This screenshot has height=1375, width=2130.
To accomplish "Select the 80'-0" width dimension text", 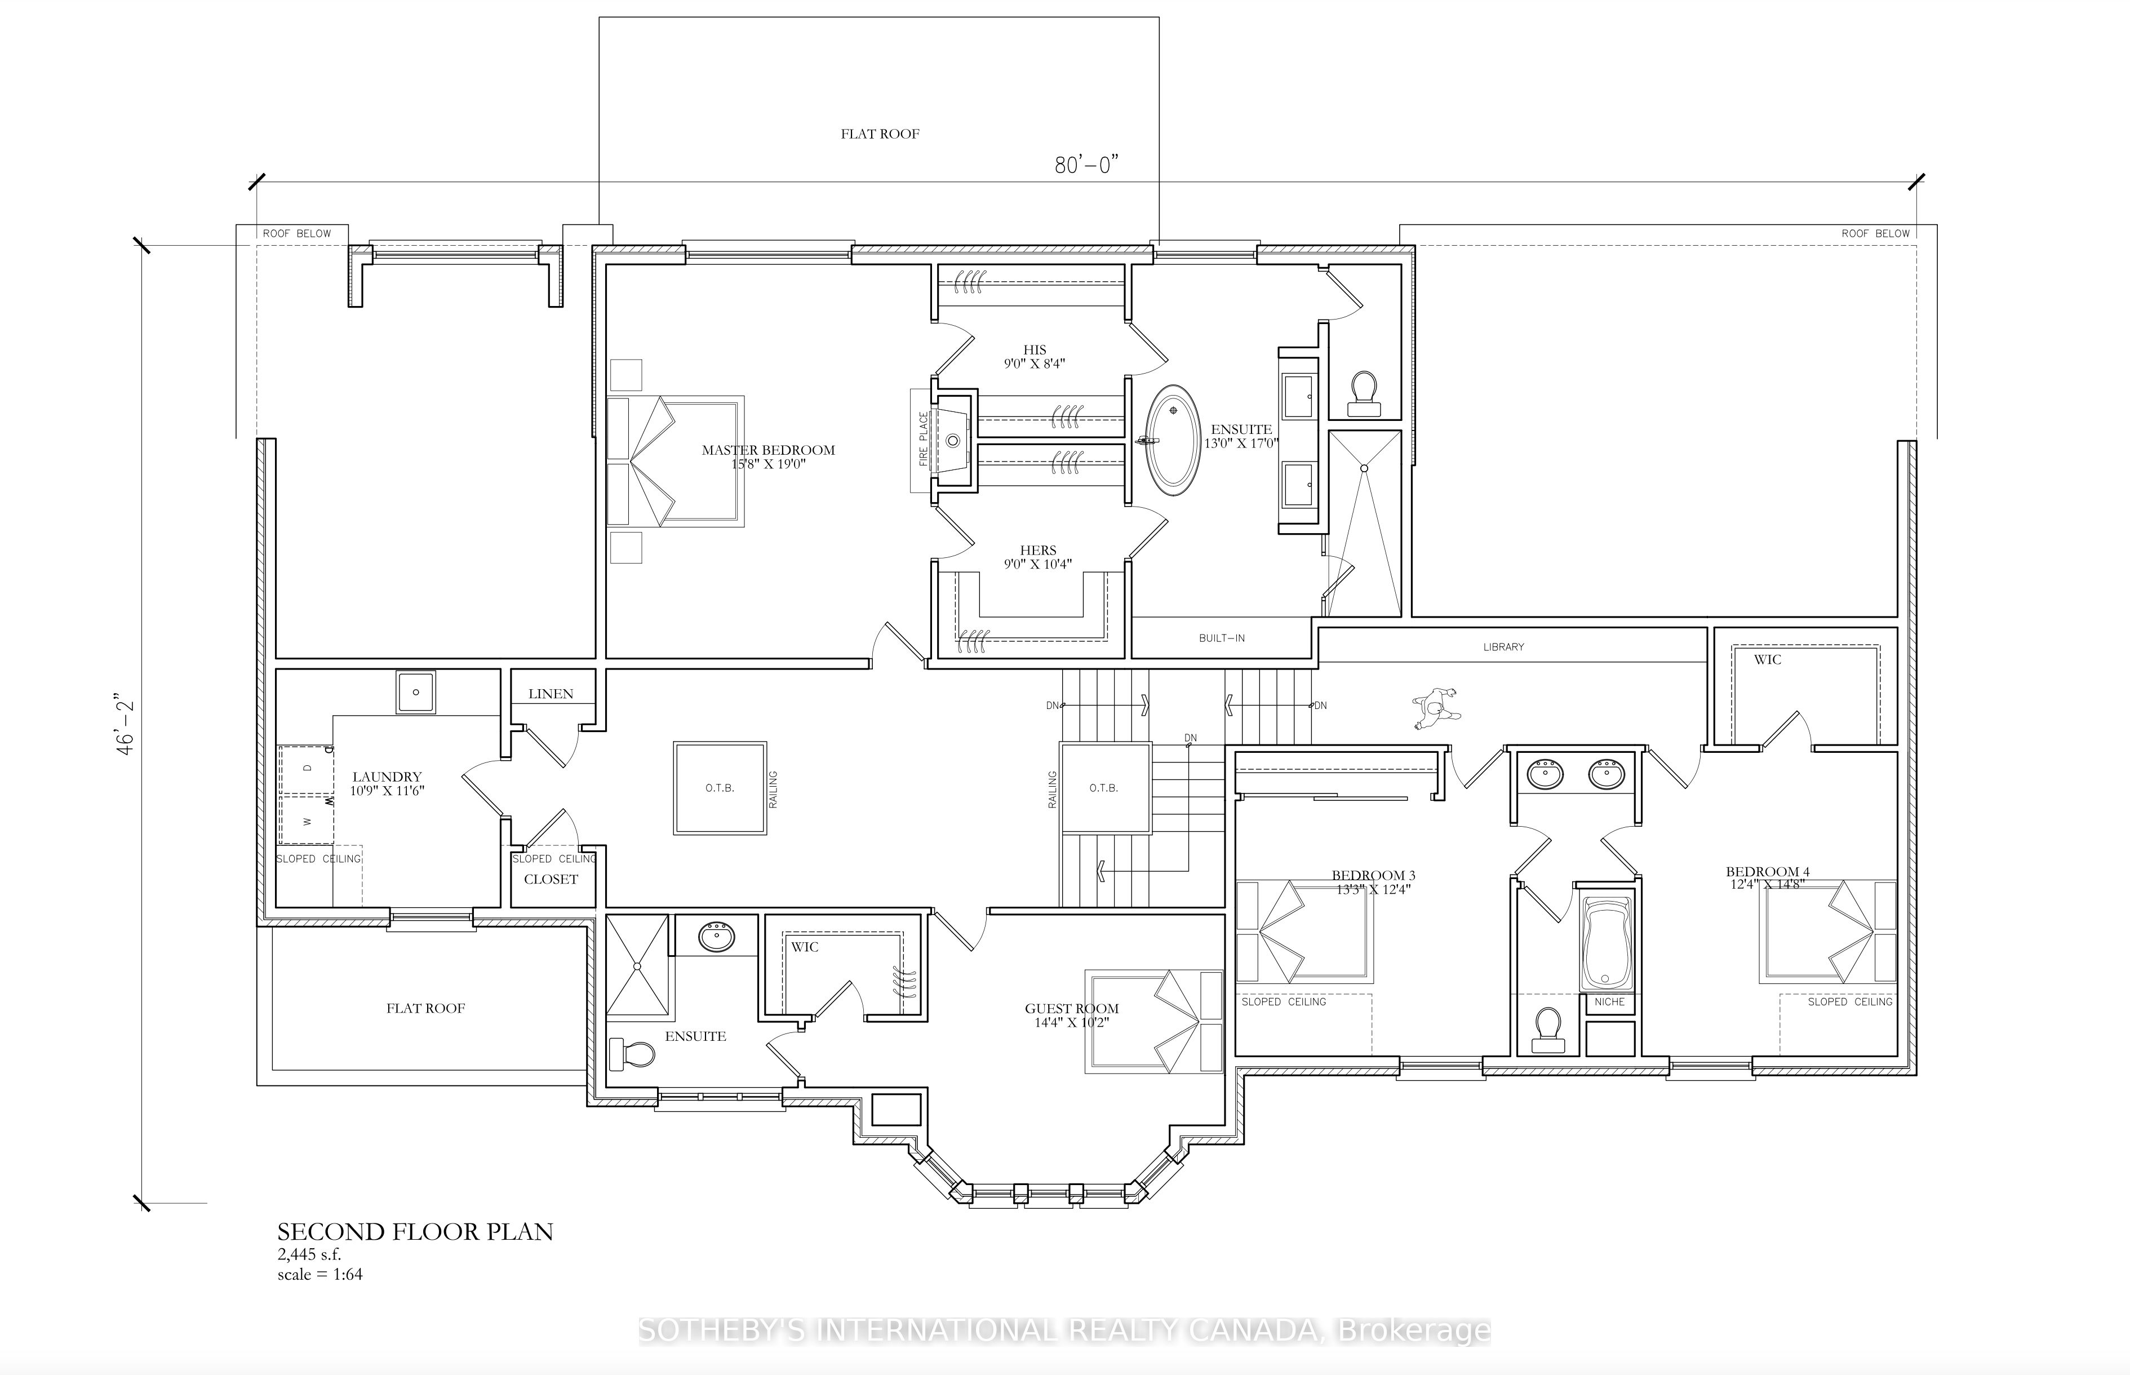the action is pyautogui.click(x=1086, y=165).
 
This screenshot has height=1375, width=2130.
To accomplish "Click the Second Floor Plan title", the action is pyautogui.click(x=415, y=1232).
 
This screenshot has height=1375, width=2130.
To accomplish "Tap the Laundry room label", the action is pyautogui.click(x=387, y=777).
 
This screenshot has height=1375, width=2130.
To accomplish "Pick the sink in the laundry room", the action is pyautogui.click(x=416, y=692).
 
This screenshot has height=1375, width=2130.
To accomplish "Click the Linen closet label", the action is pyautogui.click(x=551, y=694).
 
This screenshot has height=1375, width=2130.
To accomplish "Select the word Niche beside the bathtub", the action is pyautogui.click(x=1609, y=1002).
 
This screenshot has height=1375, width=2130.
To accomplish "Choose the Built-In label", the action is pyautogui.click(x=1221, y=638).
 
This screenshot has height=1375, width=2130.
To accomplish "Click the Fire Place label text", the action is pyautogui.click(x=924, y=438).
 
